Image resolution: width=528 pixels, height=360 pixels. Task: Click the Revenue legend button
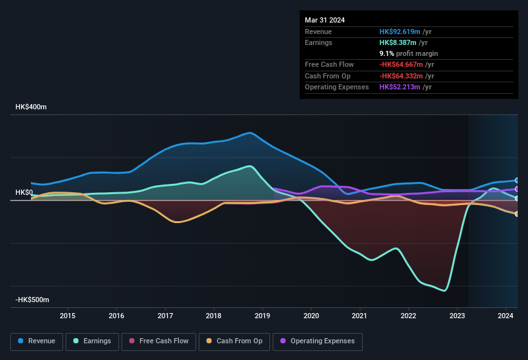point(37,341)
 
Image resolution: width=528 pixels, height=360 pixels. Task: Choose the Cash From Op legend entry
point(234,341)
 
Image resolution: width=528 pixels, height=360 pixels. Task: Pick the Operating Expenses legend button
point(317,341)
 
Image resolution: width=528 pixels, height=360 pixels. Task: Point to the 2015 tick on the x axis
point(68,316)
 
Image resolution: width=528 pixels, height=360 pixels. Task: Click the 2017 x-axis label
point(165,316)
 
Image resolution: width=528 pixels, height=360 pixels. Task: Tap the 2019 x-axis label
point(262,316)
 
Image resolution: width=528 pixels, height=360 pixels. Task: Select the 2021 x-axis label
point(360,316)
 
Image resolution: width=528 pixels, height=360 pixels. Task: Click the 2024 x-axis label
point(505,316)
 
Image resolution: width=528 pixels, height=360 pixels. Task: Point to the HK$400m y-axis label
point(31,107)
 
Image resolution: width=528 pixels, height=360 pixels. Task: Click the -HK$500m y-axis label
point(32,300)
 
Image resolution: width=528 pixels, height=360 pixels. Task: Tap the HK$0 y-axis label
point(24,192)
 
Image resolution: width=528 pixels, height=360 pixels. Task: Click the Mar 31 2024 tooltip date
point(325,20)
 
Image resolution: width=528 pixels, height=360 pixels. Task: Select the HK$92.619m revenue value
point(399,32)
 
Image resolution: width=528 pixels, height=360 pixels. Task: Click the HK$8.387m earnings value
point(397,42)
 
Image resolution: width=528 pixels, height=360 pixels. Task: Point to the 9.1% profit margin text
point(408,53)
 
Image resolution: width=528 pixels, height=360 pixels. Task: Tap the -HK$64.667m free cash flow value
point(402,64)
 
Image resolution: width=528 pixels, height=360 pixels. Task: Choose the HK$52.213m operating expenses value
point(399,87)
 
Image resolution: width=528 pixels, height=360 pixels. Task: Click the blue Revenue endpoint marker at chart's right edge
point(517,181)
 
